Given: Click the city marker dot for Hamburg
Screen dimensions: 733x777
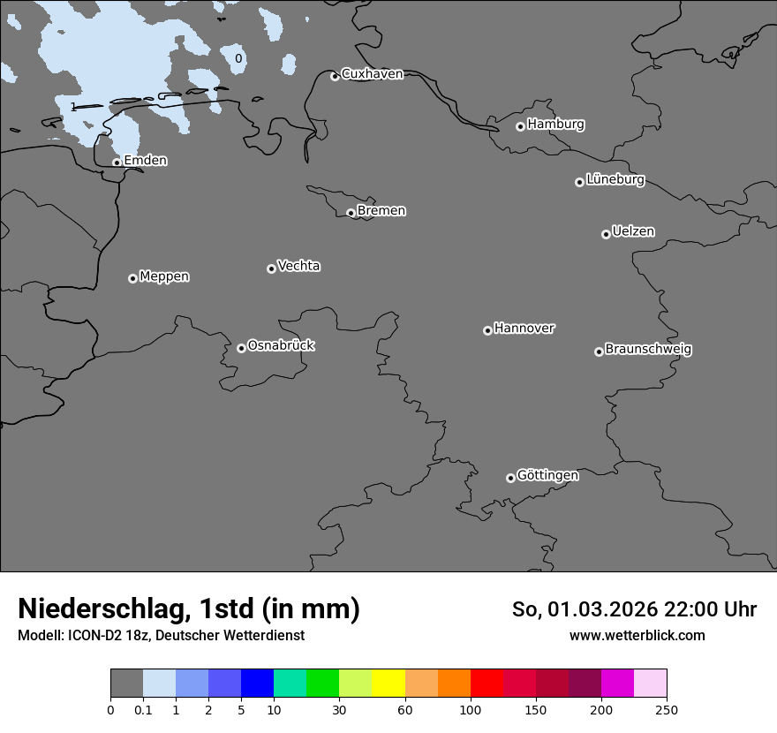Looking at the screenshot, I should [520, 126].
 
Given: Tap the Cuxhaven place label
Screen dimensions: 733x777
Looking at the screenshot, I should [372, 74].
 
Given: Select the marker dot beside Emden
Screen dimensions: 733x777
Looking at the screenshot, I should [117, 162].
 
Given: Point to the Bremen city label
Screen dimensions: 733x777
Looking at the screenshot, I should [381, 211].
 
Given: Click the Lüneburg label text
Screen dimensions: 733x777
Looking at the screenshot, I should [615, 180].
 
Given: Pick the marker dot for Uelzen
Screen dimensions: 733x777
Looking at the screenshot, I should [606, 234].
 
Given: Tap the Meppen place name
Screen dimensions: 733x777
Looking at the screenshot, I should [164, 277].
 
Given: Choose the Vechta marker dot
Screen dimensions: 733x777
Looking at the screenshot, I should [271, 268].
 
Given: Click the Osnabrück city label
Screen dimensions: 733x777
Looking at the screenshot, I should [281, 346].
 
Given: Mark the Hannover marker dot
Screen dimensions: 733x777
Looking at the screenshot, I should [487, 330].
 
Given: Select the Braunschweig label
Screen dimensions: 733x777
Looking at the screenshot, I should [648, 350].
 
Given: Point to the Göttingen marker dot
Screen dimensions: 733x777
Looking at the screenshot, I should [510, 478].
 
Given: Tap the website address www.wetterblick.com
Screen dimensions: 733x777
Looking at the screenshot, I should [637, 636].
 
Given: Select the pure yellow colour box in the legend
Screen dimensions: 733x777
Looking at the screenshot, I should [388, 684].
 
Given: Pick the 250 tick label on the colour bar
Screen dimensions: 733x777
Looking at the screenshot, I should [667, 710].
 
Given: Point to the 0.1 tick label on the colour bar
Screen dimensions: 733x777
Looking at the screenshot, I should [143, 710].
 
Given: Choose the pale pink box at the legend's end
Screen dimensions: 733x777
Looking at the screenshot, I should [651, 684].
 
